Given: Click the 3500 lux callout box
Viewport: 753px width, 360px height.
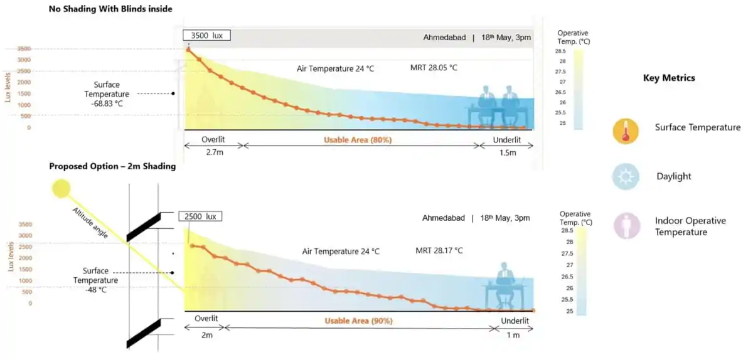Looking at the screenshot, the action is (x=206, y=35).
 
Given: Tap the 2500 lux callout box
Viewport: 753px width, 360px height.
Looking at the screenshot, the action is (x=200, y=216).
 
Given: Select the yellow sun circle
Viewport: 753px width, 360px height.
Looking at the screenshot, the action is (x=61, y=188).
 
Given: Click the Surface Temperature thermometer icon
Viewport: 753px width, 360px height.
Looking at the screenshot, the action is (x=625, y=131).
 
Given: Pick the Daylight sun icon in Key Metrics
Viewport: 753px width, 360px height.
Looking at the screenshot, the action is (x=625, y=176).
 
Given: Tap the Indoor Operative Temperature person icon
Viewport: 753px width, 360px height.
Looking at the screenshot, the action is (x=626, y=226).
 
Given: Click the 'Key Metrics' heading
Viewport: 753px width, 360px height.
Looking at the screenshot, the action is (x=669, y=78).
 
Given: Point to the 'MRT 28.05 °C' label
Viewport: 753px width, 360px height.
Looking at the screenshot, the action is (x=434, y=68).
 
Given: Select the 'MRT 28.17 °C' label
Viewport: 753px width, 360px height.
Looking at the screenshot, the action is (x=439, y=250).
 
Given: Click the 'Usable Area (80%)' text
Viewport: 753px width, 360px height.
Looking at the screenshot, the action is (x=358, y=140).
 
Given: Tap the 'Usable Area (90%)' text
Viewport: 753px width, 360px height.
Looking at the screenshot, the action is (x=358, y=320).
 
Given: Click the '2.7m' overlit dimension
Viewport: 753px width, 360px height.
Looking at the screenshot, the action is (x=215, y=152).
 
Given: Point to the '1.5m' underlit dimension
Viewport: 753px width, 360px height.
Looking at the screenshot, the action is (x=507, y=152).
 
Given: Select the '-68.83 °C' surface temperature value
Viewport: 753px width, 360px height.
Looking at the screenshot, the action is (x=107, y=103).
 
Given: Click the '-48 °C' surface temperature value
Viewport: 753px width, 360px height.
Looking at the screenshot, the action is (x=96, y=290).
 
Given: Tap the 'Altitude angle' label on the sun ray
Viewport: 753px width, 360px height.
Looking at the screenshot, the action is (x=90, y=223).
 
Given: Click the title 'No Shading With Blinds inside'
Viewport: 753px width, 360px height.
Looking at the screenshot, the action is (x=110, y=9).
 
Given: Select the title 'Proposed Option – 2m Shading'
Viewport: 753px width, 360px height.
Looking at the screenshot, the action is (x=112, y=166).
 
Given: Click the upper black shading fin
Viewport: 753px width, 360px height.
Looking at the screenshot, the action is (x=144, y=227).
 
